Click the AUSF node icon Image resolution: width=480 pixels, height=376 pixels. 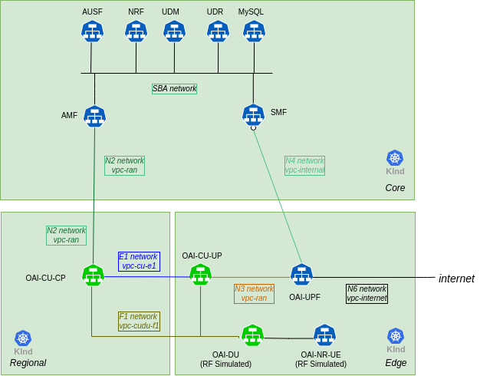click(x=92, y=31)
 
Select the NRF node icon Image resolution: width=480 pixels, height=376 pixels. click(x=136, y=31)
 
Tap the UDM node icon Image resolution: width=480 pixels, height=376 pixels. click(x=174, y=31)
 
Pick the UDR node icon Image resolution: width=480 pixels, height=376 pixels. click(x=218, y=31)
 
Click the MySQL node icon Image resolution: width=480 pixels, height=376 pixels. click(x=254, y=31)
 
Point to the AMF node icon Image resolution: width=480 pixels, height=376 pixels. click(x=94, y=117)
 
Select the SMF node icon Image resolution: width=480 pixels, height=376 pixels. click(x=253, y=115)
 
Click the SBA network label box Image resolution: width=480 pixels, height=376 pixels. click(x=174, y=89)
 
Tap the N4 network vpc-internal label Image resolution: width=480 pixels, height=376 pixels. click(x=304, y=166)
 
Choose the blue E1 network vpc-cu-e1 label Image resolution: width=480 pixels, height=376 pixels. click(x=139, y=262)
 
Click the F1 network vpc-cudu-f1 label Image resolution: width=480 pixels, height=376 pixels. click(x=139, y=322)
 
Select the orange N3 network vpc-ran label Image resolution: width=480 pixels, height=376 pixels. click(x=254, y=294)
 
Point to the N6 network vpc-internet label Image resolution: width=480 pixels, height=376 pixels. click(x=367, y=294)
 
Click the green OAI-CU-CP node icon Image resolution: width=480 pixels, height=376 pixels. click(x=93, y=275)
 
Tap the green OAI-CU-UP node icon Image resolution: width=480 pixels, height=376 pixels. click(x=200, y=275)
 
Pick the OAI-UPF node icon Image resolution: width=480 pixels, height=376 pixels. click(x=301, y=275)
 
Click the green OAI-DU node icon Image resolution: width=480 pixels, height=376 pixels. click(x=252, y=335)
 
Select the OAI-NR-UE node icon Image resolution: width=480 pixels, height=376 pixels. click(x=324, y=335)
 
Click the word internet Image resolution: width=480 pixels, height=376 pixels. click(x=456, y=279)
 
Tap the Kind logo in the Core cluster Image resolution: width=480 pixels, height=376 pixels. click(x=395, y=159)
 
